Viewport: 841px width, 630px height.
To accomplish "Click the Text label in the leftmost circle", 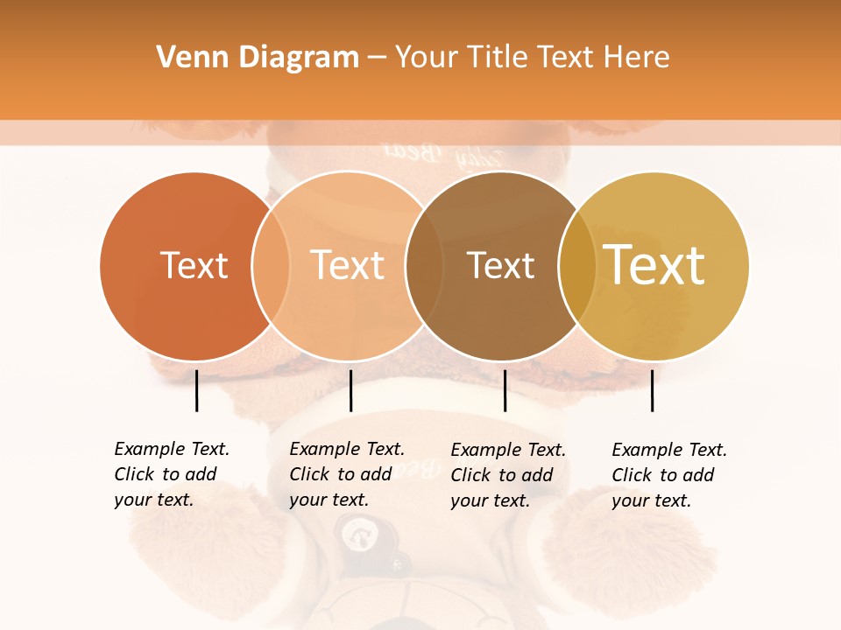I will click(194, 265).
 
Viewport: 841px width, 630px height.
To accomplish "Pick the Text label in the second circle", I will click(347, 265).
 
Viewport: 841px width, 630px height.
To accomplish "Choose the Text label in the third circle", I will click(500, 266).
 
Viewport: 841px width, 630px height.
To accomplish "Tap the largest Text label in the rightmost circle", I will click(654, 265).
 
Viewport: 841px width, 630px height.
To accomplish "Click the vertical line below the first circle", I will click(196, 390).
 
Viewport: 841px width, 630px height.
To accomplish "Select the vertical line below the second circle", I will click(350, 390).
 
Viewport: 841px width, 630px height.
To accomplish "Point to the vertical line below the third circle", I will click(505, 390).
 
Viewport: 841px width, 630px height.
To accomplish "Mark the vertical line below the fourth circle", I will click(652, 390).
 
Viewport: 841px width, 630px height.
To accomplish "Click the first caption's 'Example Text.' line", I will click(172, 449).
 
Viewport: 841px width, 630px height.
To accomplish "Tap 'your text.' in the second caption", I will click(329, 500).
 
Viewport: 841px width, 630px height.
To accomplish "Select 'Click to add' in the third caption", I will click(502, 475).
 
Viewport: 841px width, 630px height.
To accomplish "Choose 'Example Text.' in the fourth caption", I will click(669, 450).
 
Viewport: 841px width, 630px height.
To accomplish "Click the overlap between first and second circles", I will click(271, 266).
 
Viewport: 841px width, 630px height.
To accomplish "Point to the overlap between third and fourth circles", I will click(576, 266).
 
